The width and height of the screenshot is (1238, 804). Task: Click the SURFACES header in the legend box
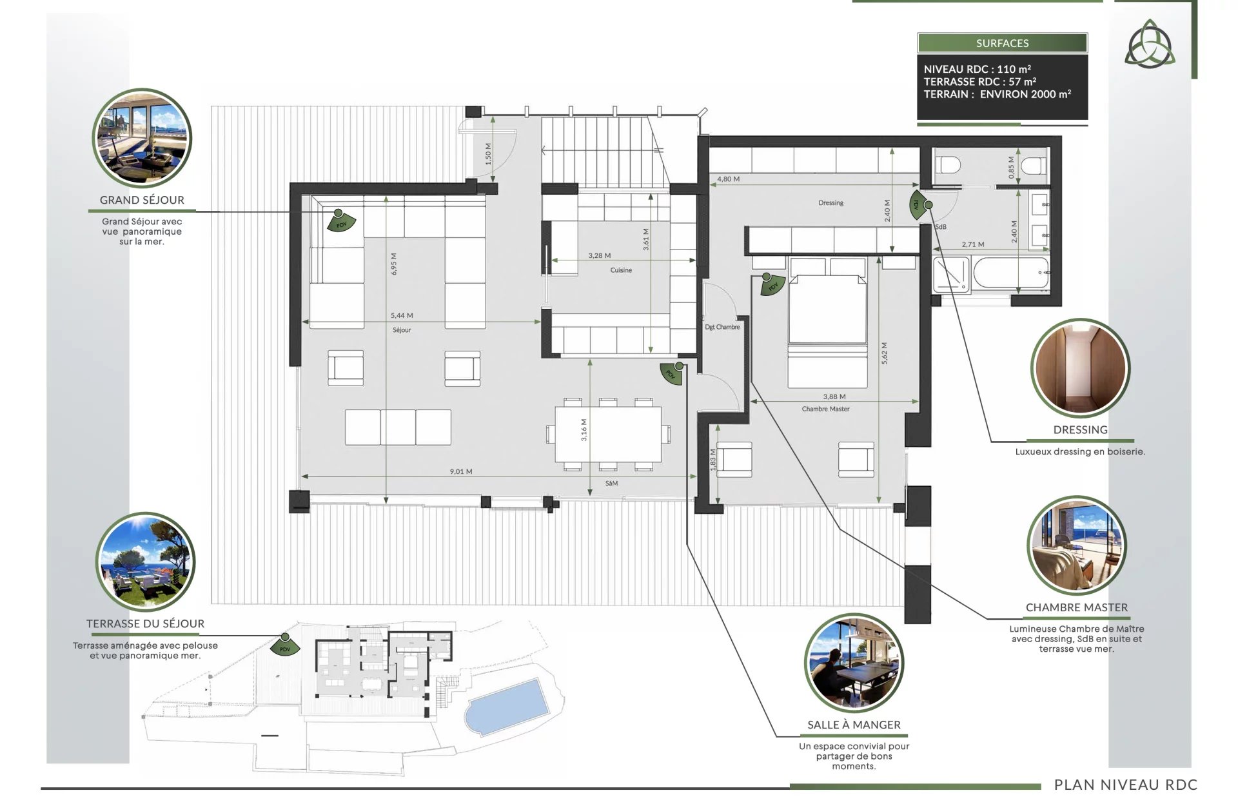[1002, 43]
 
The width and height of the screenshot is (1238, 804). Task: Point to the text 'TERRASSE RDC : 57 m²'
[979, 82]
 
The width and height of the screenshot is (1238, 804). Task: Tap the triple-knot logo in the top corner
[1150, 44]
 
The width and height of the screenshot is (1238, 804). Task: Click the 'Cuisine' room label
[621, 270]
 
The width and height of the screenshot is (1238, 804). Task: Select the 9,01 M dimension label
[461, 471]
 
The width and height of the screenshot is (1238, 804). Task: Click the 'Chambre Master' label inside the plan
[825, 409]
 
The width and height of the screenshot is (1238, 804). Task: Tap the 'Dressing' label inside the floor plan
[830, 202]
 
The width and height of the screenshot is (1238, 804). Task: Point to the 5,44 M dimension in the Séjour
[402, 315]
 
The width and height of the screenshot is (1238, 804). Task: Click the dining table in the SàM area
[608, 434]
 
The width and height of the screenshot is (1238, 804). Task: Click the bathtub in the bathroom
[1011, 273]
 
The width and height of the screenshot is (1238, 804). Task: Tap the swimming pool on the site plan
[507, 706]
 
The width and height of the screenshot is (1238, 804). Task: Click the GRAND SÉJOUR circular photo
[142, 138]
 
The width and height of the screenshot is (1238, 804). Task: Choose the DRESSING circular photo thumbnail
[1080, 368]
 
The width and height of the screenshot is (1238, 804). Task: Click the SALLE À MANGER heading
[854, 725]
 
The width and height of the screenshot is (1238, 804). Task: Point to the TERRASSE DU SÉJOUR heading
[145, 623]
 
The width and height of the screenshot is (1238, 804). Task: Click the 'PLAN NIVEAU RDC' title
[1126, 785]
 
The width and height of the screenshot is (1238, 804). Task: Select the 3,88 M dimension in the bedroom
[834, 397]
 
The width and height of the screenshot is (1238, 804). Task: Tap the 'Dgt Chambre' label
[722, 327]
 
